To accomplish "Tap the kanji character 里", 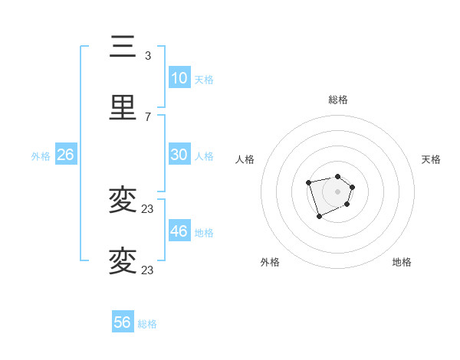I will pos(123,108).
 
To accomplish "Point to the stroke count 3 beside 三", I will pos(148,56).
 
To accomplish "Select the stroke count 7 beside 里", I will pos(148,117).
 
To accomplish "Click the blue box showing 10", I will pos(179,78).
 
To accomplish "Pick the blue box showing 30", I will pos(179,155).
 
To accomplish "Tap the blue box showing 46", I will pos(179,231).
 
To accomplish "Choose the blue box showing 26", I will pos(65,155).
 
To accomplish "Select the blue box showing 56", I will pos(123,322).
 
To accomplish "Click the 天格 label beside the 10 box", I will pos(204,80).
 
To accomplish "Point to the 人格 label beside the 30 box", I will pos(204,156).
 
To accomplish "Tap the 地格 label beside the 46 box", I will pos(204,233).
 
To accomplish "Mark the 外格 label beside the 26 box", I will pos(41,156).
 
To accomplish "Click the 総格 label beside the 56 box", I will pos(147,324).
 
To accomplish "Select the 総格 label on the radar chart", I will pos(337,100).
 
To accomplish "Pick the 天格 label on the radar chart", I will pos(432,159).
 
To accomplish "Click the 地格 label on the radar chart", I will pos(402,263).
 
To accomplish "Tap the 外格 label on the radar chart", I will pos(270,263).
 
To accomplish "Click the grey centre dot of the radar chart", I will pos(337,191).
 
